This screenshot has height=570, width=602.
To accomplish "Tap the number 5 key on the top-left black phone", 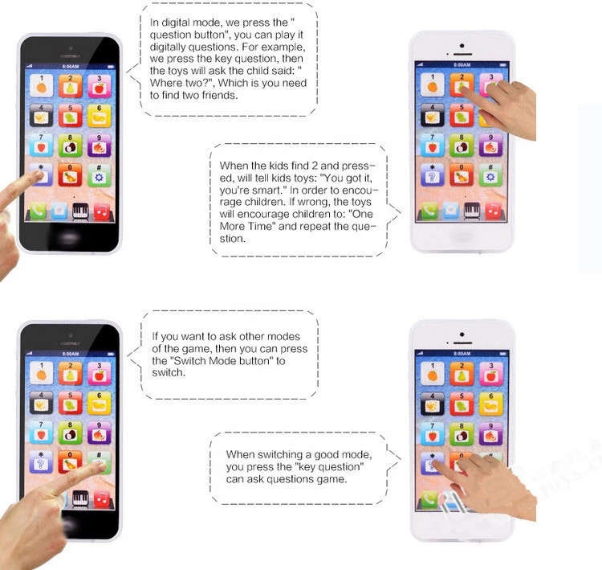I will click(x=70, y=115).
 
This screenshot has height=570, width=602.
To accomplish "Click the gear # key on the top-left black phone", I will click(x=99, y=174).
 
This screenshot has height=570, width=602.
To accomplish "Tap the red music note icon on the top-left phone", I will click(x=102, y=211).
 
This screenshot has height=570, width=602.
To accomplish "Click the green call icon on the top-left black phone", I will click(x=38, y=211).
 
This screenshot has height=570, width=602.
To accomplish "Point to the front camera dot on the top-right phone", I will click(x=461, y=44).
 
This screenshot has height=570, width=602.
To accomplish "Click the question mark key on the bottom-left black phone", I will click(x=39, y=462).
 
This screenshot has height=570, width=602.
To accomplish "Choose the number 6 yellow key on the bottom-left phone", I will click(x=99, y=403).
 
